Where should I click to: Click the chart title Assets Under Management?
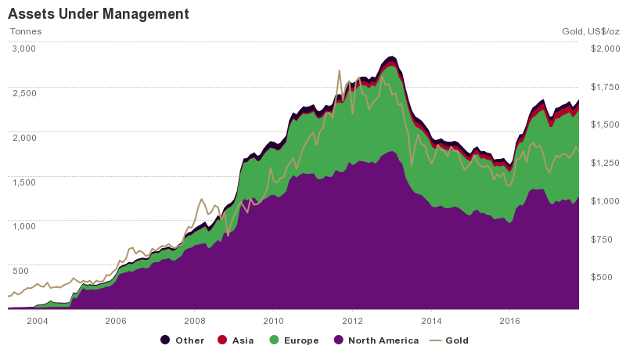tap(98, 14)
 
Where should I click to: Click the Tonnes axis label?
tap(25, 32)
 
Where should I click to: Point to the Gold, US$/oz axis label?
tap(590, 32)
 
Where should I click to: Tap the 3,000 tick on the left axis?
tap(23, 49)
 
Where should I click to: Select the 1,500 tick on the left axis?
tap(23, 182)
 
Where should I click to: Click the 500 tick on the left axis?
tap(20, 271)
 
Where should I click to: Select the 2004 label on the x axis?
tap(37, 321)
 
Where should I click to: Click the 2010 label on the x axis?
tap(273, 321)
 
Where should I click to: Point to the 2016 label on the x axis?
tap(509, 321)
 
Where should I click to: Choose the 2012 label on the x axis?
tap(352, 321)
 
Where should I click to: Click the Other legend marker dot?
tap(165, 340)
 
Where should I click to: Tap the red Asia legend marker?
tap(221, 340)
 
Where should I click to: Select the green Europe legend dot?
tap(274, 340)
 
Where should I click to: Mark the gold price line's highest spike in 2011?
tap(339, 70)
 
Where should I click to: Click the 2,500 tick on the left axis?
tap(23, 93)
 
